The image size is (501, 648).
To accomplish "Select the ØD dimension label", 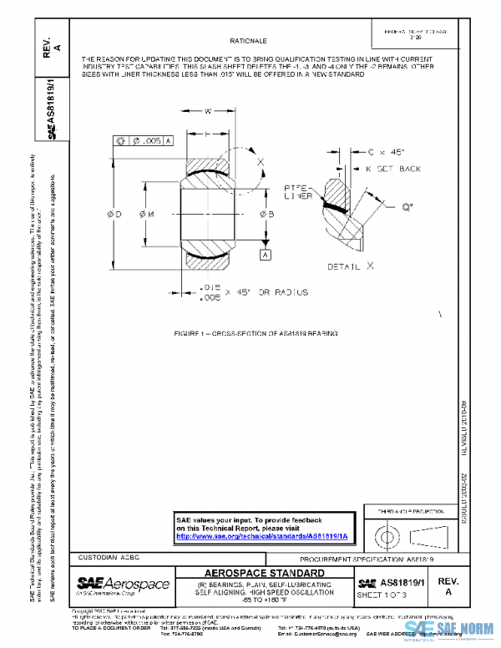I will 115,215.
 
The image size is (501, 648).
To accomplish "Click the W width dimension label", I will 208,109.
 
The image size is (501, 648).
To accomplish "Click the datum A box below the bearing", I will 266,253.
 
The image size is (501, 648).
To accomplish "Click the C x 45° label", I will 385,152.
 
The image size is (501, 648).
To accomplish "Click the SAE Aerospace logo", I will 122,585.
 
